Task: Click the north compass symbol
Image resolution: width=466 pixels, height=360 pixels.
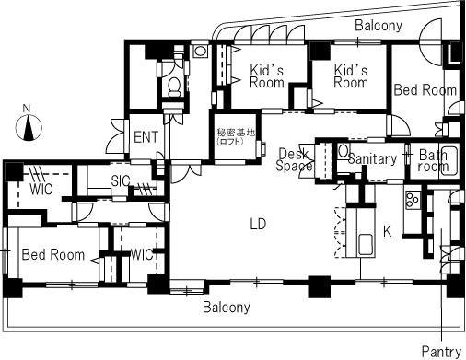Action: [29, 127]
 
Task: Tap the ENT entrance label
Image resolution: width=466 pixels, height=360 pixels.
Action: [146, 137]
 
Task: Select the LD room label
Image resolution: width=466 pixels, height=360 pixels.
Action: [258, 225]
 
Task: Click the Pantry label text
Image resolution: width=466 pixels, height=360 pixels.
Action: [441, 352]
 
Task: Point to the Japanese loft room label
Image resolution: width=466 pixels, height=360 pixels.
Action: [236, 136]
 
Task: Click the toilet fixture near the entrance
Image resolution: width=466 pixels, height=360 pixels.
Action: [175, 86]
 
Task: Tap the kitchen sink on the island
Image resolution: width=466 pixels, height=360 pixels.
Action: [366, 245]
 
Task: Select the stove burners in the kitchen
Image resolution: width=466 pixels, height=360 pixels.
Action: [413, 200]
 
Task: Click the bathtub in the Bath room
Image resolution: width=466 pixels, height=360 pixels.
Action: [449, 162]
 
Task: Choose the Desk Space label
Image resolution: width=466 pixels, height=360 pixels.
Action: [294, 159]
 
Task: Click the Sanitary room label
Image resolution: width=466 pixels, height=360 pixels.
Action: [372, 158]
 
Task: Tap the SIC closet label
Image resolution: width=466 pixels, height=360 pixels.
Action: [121, 181]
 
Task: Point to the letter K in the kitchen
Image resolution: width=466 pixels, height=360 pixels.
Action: [388, 231]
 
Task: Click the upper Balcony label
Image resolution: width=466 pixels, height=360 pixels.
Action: [379, 26]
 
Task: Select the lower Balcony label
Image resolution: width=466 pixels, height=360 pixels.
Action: [227, 307]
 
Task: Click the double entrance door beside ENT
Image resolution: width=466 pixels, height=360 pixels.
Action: [117, 136]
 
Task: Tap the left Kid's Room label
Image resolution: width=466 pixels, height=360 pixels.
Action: [267, 76]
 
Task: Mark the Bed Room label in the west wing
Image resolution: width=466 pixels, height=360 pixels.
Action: [53, 255]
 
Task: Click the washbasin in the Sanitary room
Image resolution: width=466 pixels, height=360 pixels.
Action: [344, 151]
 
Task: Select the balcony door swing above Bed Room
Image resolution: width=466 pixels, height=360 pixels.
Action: [431, 42]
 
